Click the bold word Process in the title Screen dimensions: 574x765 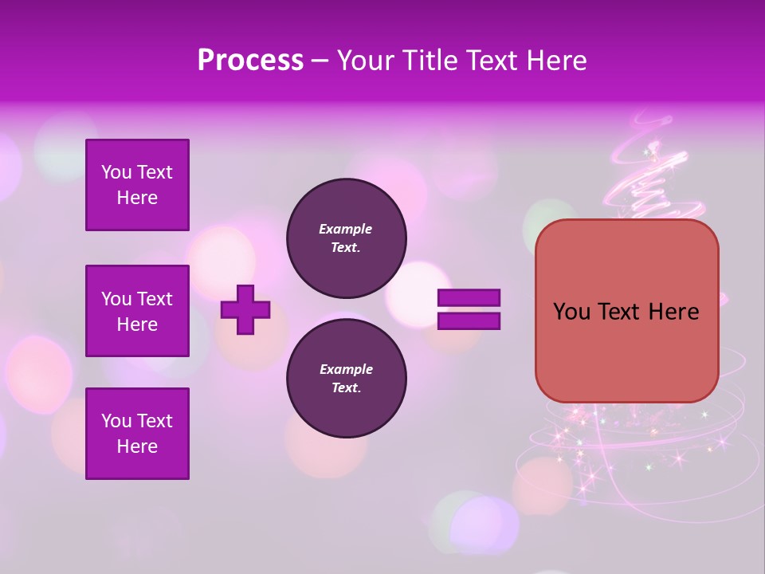point(250,60)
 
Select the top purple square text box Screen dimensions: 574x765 point(137,185)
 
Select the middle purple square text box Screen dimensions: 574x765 point(137,311)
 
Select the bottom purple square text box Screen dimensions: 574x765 point(137,433)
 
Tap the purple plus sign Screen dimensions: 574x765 point(245,309)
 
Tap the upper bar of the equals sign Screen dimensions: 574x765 point(469,298)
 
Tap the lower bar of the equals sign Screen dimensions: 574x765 point(469,321)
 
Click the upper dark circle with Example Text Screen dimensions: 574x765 point(346,238)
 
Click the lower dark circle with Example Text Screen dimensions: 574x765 point(346,378)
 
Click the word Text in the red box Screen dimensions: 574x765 point(618,312)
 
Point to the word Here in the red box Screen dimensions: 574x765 point(673,312)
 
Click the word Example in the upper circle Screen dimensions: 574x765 point(346,229)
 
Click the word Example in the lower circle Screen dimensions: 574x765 point(346,369)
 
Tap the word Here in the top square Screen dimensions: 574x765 point(137,198)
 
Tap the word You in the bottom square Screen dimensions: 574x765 point(116,421)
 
